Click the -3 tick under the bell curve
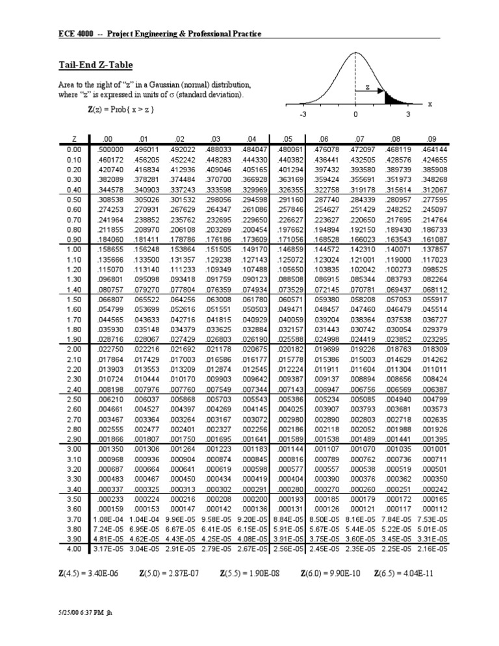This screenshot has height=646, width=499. (302, 114)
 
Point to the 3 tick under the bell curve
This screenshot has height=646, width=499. (407, 114)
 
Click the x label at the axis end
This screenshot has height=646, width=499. (429, 104)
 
